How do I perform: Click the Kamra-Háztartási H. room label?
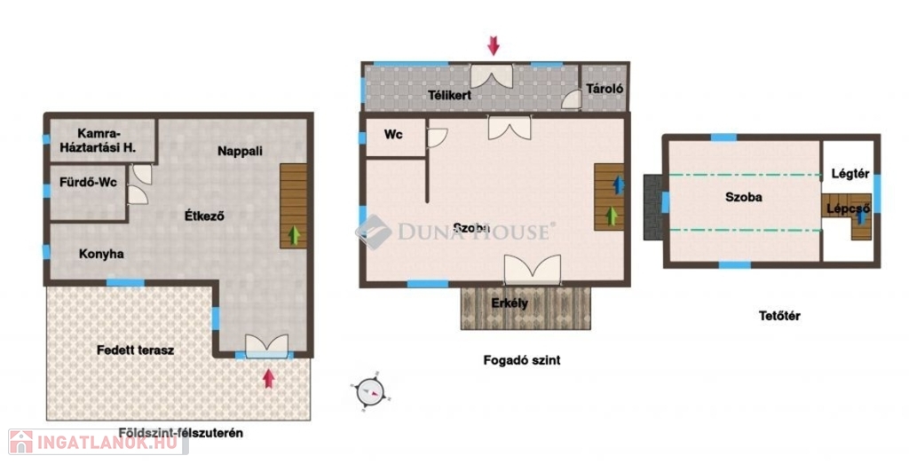pyautogui.click(x=99, y=141)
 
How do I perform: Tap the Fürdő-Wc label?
pyautogui.click(x=88, y=183)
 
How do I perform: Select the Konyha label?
pyautogui.click(x=101, y=254)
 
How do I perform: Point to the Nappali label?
pyautogui.click(x=240, y=151)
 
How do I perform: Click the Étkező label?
pyautogui.click(x=204, y=216)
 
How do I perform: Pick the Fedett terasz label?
pyautogui.click(x=135, y=350)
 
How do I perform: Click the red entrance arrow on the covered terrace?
pyautogui.click(x=268, y=378)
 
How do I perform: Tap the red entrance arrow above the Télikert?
pyautogui.click(x=494, y=46)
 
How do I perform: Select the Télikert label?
pyautogui.click(x=450, y=95)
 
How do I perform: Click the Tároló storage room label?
pyautogui.click(x=605, y=89)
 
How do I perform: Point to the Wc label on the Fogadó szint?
pyautogui.click(x=393, y=134)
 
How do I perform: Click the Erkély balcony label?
pyautogui.click(x=510, y=303)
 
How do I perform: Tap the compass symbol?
pyautogui.click(x=370, y=391)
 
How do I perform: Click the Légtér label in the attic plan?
pyautogui.click(x=850, y=173)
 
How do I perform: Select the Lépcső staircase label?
pyautogui.click(x=848, y=208)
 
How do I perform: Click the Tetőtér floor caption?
pyautogui.click(x=779, y=316)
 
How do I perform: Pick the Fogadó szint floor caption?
pyautogui.click(x=522, y=360)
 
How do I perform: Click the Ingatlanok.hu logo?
pyautogui.click(x=99, y=442)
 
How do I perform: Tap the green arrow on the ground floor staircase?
pyautogui.click(x=295, y=235)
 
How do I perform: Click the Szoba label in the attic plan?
pyautogui.click(x=744, y=197)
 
